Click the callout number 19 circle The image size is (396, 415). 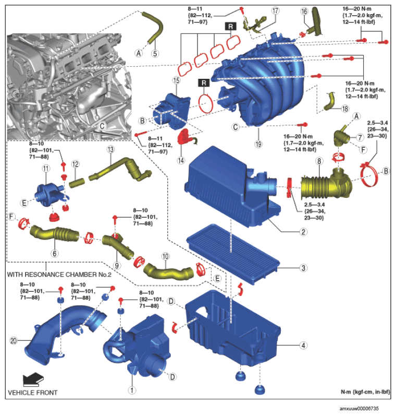pos(258,144)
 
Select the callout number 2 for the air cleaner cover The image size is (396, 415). pos(303,232)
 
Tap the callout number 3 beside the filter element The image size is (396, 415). pos(304,268)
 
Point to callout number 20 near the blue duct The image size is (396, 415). pos(14,341)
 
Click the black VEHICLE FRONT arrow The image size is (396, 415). pos(33,380)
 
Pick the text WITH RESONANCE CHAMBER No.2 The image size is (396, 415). pos(59,275)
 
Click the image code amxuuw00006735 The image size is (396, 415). pos(360,408)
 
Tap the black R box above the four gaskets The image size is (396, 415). pos(231,26)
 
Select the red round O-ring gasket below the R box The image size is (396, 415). pos(206,103)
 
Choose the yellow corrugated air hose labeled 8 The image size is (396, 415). pos(327,186)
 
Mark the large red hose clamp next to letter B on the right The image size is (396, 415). pos(369,174)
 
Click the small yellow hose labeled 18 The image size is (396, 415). pos(330,102)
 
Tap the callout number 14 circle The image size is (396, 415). pos(181,160)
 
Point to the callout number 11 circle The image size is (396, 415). pos(46,169)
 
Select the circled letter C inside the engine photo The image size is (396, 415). pos(102,126)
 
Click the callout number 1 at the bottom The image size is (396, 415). pos(132,390)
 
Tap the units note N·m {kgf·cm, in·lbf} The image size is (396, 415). pos(365,392)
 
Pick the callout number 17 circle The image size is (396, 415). pos(275,10)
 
